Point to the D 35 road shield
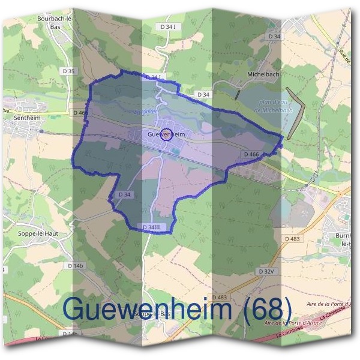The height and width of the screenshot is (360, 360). point(69,71)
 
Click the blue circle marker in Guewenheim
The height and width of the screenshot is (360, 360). point(167,134)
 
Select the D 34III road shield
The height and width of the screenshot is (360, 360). point(152,227)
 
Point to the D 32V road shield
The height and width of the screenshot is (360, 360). point(269,271)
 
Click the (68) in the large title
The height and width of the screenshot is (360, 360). point(265,308)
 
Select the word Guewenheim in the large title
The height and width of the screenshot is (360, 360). point(148,308)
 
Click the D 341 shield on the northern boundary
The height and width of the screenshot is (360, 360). point(154,77)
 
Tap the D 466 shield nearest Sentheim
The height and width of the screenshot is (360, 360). point(80,112)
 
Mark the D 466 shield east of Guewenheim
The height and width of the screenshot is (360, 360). point(251,155)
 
